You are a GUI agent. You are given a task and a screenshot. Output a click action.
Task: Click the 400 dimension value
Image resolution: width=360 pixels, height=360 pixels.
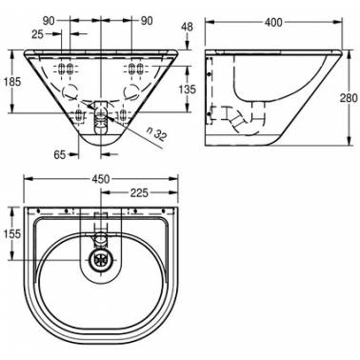tap(273, 22)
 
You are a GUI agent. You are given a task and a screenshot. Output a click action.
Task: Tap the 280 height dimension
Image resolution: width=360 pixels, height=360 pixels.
tap(349, 98)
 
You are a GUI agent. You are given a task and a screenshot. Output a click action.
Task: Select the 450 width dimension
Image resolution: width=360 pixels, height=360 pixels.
tap(101, 179)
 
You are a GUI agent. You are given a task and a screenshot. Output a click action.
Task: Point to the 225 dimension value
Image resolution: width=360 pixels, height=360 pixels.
tap(139, 192)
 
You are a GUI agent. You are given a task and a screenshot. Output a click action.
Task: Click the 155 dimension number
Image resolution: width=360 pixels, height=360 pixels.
tap(11, 234)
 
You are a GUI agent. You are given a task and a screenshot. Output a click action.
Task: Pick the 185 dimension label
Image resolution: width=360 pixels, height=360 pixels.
tap(12, 82)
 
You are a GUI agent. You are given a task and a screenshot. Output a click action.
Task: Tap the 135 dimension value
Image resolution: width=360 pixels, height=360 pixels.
tap(188, 90)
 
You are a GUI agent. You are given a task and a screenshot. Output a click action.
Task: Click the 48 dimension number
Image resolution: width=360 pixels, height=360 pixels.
tap(188, 27)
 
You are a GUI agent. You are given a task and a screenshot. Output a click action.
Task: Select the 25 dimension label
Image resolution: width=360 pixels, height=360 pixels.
tap(38, 34)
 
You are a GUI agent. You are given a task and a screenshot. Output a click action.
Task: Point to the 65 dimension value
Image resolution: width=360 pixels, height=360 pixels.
tap(60, 155)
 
